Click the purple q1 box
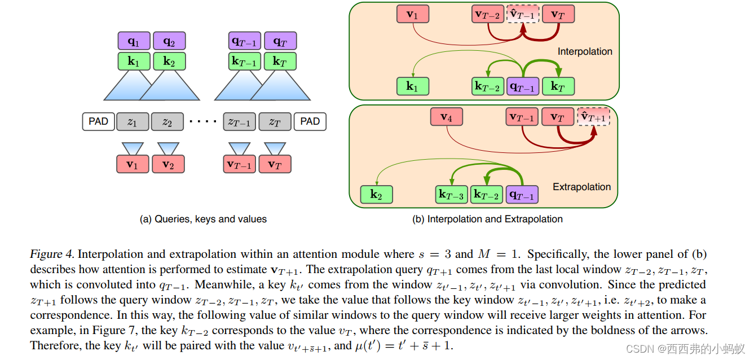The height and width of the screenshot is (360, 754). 134,41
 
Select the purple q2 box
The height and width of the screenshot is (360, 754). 169,41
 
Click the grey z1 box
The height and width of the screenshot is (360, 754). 133,121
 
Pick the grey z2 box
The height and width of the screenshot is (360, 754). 167,121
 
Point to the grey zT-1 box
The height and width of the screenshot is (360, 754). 240,121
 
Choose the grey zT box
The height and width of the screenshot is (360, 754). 275,121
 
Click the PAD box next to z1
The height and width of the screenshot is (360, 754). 99,121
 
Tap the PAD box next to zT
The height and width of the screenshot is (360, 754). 310,121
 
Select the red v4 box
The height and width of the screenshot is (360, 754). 446,117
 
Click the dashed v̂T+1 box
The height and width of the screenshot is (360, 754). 593,117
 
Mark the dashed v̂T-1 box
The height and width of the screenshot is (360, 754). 522,15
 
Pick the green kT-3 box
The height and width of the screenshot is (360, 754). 452,195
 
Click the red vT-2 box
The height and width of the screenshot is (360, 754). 487,15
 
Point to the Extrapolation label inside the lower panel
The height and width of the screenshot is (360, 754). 581,187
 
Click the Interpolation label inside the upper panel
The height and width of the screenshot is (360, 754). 585,51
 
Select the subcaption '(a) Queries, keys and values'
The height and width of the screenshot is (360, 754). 203,219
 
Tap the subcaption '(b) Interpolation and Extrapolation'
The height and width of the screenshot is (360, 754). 487,219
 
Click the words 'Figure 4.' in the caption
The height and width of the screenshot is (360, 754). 51,254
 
